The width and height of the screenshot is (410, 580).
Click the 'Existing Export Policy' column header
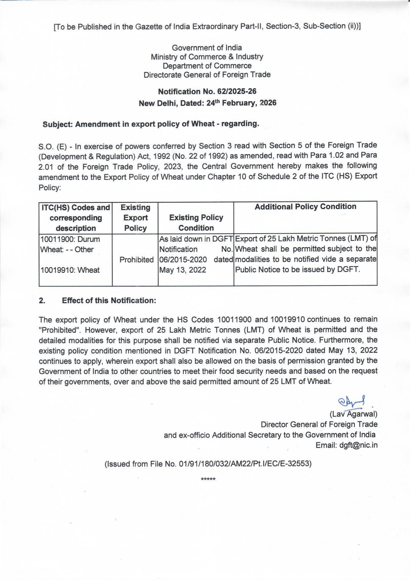click(x=135, y=218)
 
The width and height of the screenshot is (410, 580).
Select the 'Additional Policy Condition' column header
click(x=305, y=207)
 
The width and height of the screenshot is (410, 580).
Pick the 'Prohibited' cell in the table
click(x=137, y=260)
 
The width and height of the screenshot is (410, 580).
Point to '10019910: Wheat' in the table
click(x=70, y=270)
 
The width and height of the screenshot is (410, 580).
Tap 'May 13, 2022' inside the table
click(x=183, y=270)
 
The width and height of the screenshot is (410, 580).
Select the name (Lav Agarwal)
click(x=353, y=414)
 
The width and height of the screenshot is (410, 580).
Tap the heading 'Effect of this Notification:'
click(x=109, y=300)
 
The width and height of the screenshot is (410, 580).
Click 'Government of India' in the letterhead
click(x=207, y=48)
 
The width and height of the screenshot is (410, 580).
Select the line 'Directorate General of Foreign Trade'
click(x=207, y=75)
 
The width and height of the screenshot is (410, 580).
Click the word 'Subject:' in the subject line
click(x=58, y=124)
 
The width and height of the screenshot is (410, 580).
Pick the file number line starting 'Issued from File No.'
click(x=208, y=464)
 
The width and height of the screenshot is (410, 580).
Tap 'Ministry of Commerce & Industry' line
click(x=207, y=57)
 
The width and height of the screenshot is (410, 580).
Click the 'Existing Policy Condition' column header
click(x=196, y=223)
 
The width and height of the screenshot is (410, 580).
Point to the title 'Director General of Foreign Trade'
click(x=319, y=424)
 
